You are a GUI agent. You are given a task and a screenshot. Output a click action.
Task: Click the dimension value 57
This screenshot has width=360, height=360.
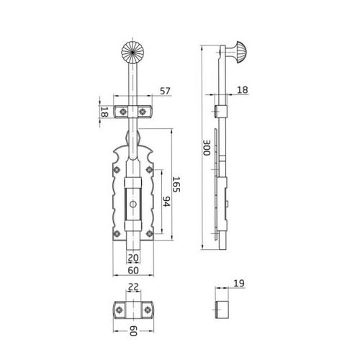click(x=165, y=91)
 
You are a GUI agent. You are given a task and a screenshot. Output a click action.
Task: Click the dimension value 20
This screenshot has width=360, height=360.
click(x=133, y=258)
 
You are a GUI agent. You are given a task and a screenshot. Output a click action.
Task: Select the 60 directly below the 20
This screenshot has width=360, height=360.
click(x=133, y=270)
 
